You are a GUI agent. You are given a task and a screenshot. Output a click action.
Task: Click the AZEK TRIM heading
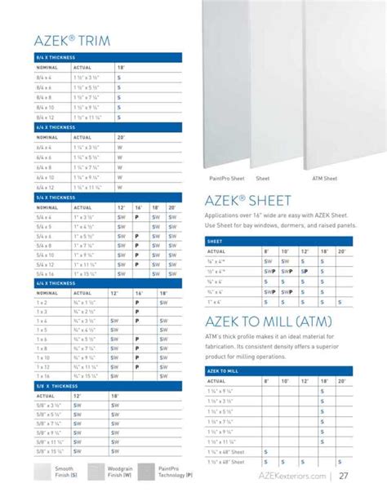click(73, 40)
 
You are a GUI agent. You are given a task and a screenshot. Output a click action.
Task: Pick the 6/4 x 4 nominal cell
click(46, 148)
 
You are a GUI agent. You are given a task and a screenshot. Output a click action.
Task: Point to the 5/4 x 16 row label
click(46, 273)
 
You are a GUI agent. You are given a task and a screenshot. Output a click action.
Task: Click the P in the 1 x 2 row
click(137, 302)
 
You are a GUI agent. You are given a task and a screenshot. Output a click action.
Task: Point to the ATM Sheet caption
click(325, 177)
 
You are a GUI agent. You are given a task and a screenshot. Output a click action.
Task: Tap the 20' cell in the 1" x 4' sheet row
click(340, 302)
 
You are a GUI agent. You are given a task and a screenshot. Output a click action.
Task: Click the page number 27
click(345, 477)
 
